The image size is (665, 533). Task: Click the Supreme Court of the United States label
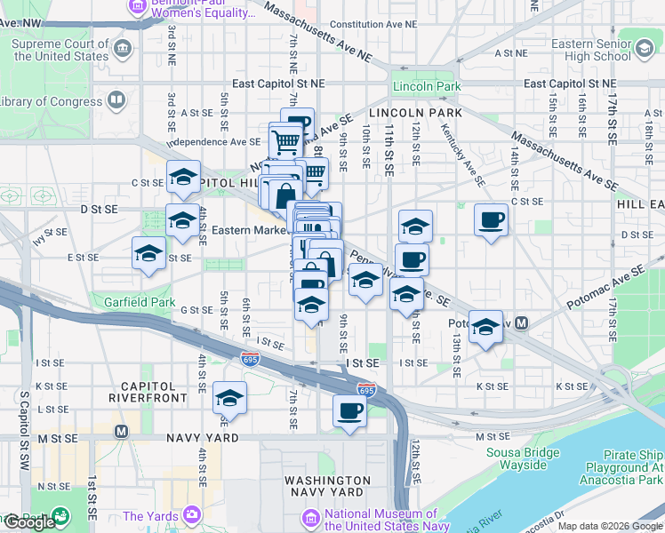point(60,50)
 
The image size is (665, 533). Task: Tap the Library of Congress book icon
point(116,100)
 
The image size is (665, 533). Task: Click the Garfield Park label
point(137,302)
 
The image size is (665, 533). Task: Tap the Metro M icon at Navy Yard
point(121,431)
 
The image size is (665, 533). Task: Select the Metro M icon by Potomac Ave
point(522,323)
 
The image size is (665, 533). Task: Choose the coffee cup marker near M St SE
point(349,410)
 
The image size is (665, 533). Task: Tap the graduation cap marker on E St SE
point(148,253)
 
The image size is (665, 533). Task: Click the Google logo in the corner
point(28,521)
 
